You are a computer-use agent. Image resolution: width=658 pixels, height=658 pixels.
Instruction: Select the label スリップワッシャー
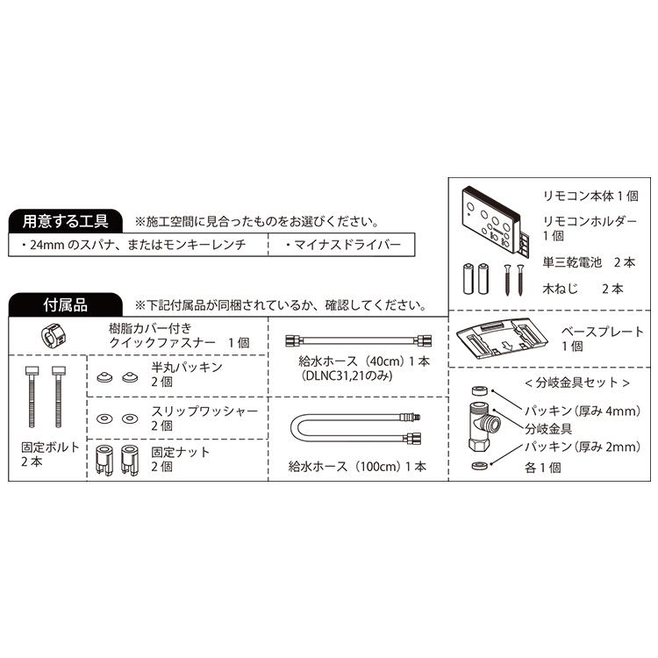coord(204,410)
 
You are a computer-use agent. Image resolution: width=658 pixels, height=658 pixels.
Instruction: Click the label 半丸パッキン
coord(187,367)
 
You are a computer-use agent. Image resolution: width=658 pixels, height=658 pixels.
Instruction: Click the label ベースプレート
coord(602,332)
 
